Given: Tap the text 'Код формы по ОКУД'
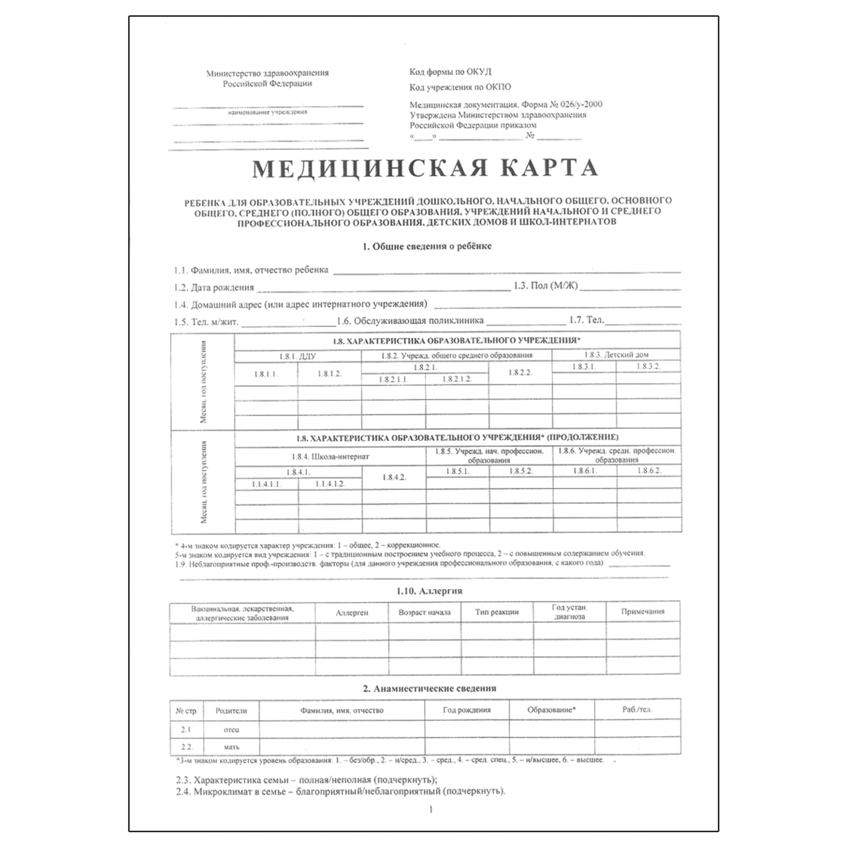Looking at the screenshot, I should [450, 72].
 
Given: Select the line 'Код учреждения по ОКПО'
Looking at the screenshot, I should [460, 87].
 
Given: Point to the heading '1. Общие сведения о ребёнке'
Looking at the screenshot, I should [427, 246].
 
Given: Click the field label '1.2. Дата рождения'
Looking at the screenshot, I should [215, 287].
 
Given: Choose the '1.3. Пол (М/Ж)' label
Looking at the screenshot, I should [546, 286].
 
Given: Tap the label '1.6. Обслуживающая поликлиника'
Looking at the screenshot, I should [411, 321].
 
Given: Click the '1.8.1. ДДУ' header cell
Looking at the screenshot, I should [298, 356].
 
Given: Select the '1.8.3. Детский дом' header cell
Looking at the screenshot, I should [616, 355].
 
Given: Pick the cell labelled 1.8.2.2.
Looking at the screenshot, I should [520, 373].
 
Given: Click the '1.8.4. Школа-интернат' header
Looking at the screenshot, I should [330, 456].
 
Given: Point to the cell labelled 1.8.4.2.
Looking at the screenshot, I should [394, 477].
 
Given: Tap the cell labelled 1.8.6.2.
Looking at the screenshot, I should [649, 470].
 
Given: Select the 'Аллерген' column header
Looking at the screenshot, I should [352, 612].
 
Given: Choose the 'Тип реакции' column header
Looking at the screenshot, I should [497, 612].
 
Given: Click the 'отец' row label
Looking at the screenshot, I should [232, 730].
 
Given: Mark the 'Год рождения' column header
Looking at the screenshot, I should [466, 710].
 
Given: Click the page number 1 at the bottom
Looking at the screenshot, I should [431, 809].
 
